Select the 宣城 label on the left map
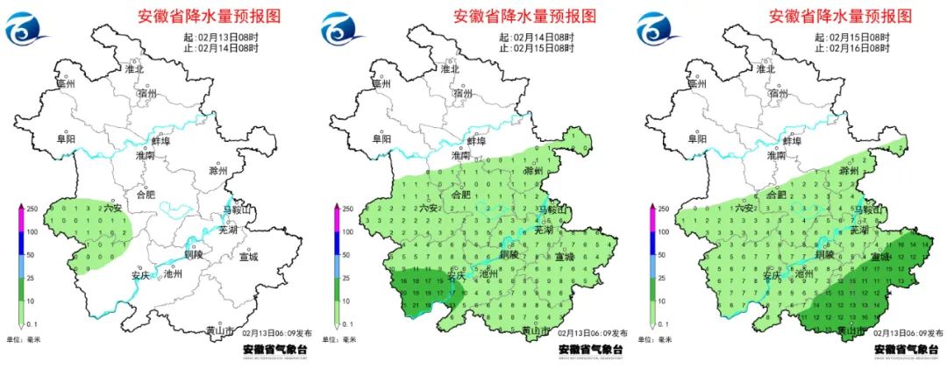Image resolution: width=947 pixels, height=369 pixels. pyautogui.click(x=249, y=258)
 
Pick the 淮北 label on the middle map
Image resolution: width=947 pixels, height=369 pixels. pyautogui.click(x=451, y=68)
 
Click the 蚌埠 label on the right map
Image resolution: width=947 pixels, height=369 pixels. pyautogui.click(x=792, y=140)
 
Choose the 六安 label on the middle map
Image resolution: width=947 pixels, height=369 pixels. pyautogui.click(x=428, y=209)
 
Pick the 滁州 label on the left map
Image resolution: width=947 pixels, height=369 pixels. pyautogui.click(x=217, y=171)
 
